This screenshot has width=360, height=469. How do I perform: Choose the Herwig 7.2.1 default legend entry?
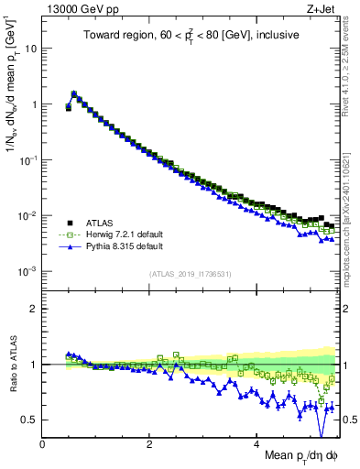pyautogui.click(x=115, y=234)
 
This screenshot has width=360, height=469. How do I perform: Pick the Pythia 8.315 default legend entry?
pyautogui.click(x=114, y=246)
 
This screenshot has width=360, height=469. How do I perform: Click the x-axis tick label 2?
pyautogui.click(x=149, y=442)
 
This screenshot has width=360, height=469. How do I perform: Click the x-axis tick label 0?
pyautogui.click(x=43, y=442)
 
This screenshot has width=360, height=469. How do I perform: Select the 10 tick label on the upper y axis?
pyautogui.click(x=29, y=49)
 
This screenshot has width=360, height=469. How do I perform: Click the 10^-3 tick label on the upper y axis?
pyautogui.click(x=27, y=271)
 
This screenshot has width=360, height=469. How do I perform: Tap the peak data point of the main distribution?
pyautogui.click(x=74, y=93)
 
